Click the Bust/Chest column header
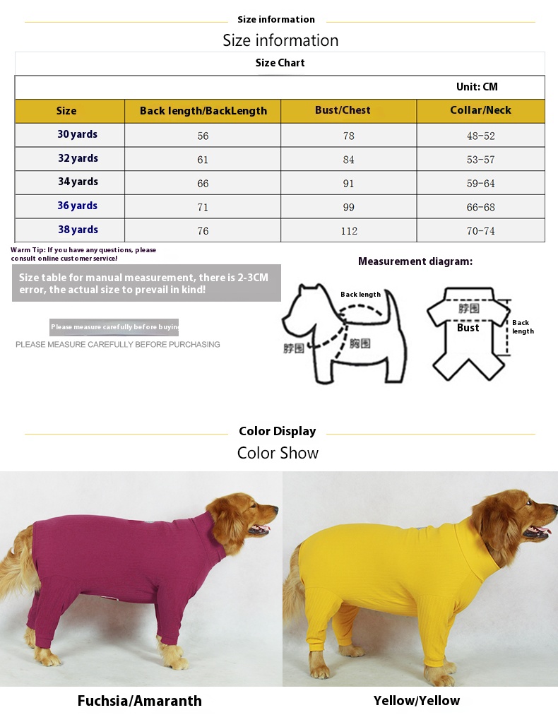343,110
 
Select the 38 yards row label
78,230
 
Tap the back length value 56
203,136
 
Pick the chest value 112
349,231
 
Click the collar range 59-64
480,184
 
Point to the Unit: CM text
477,87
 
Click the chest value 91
349,184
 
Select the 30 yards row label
78,134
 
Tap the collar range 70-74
480,231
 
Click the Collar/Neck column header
480,110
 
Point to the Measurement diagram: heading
415,261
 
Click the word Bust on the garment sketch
468,328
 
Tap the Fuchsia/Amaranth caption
139,701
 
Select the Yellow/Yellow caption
417,701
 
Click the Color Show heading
278,453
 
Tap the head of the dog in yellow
512,519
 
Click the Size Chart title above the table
280,63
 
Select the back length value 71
203,208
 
